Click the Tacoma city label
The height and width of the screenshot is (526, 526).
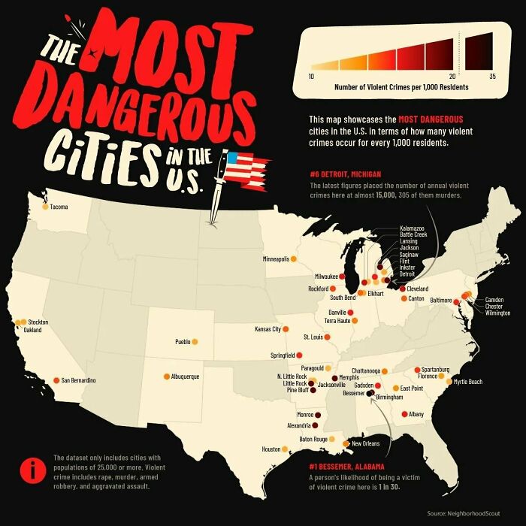tap(59, 207)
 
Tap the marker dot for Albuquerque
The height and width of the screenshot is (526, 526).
tap(167, 376)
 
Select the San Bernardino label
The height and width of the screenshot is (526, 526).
tap(79, 381)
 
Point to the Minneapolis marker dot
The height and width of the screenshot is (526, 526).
tap(293, 259)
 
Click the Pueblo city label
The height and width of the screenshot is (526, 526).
tap(183, 342)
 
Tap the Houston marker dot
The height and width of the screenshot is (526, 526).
tap(285, 449)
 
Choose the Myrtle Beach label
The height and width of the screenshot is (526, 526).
tap(468, 382)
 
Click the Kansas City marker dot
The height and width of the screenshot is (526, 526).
tap(286, 329)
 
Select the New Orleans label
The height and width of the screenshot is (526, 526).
tap(367, 443)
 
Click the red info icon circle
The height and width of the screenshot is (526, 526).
tap(33, 471)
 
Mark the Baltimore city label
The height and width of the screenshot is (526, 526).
tap(440, 300)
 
